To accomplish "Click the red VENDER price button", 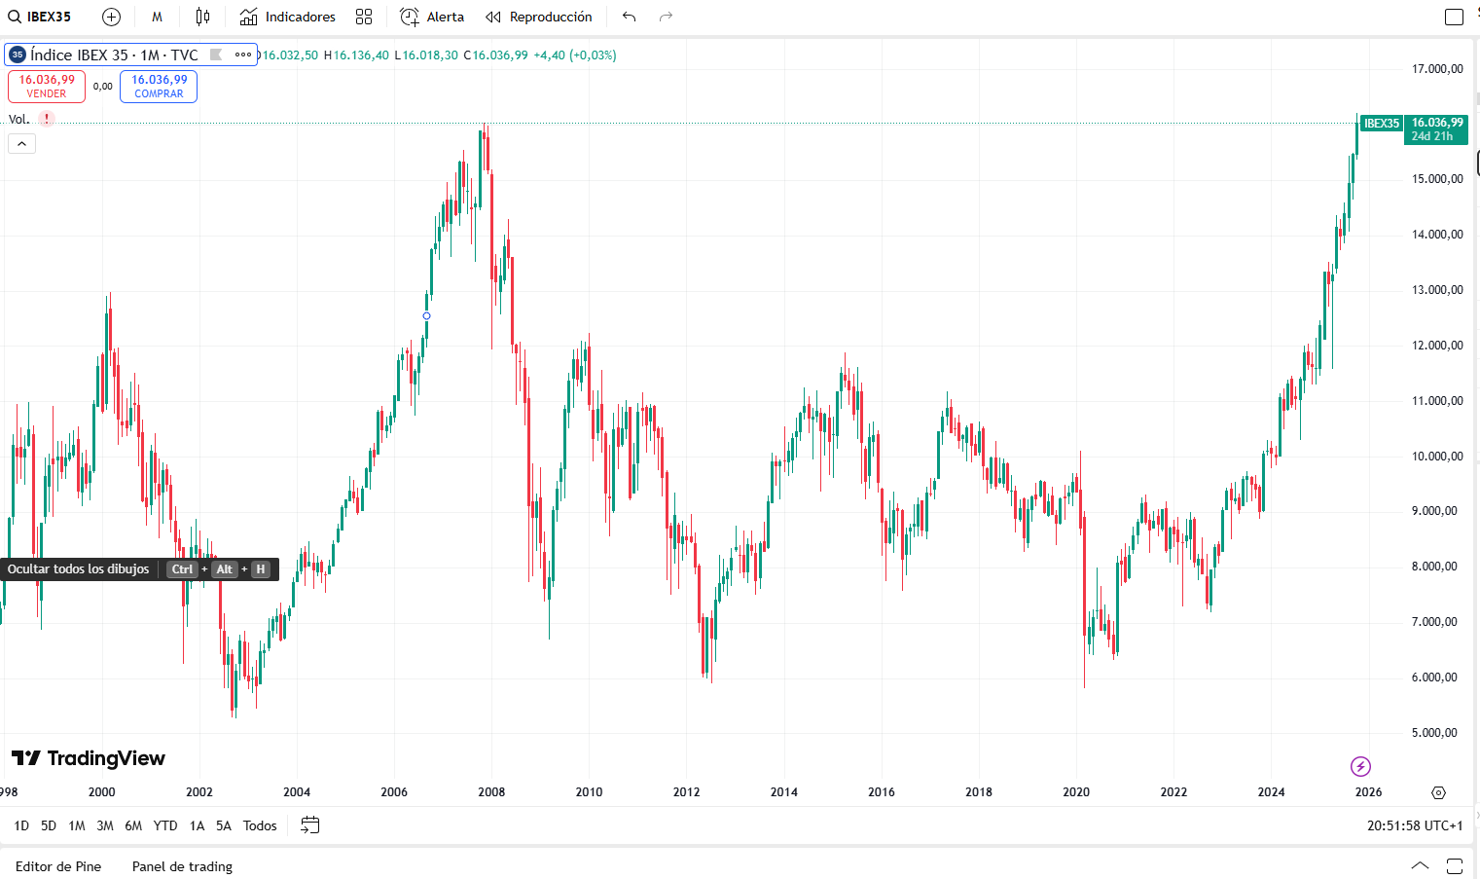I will click(x=47, y=87).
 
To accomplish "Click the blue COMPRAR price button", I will click(x=159, y=87).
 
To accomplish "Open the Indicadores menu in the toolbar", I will click(x=288, y=17).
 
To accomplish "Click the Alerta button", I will click(x=433, y=17).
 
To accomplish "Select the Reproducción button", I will click(x=539, y=17).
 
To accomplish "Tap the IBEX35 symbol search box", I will click(x=41, y=17).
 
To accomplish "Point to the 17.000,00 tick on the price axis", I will click(x=1437, y=69).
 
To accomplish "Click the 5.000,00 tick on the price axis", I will click(x=1437, y=733).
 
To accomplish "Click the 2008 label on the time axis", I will click(x=491, y=792).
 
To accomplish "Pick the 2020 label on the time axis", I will click(x=1076, y=792).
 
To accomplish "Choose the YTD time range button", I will click(x=165, y=825).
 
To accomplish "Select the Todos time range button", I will click(x=260, y=825).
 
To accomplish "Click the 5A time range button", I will click(x=224, y=825).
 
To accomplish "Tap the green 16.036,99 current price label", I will click(x=1436, y=128).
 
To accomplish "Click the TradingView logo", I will click(x=89, y=758).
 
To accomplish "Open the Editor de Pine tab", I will click(x=58, y=866).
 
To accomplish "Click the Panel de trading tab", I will click(x=182, y=866).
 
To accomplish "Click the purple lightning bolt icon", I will click(x=1360, y=767).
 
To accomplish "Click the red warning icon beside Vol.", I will click(x=47, y=119).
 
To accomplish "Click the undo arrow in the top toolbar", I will click(x=630, y=17).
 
